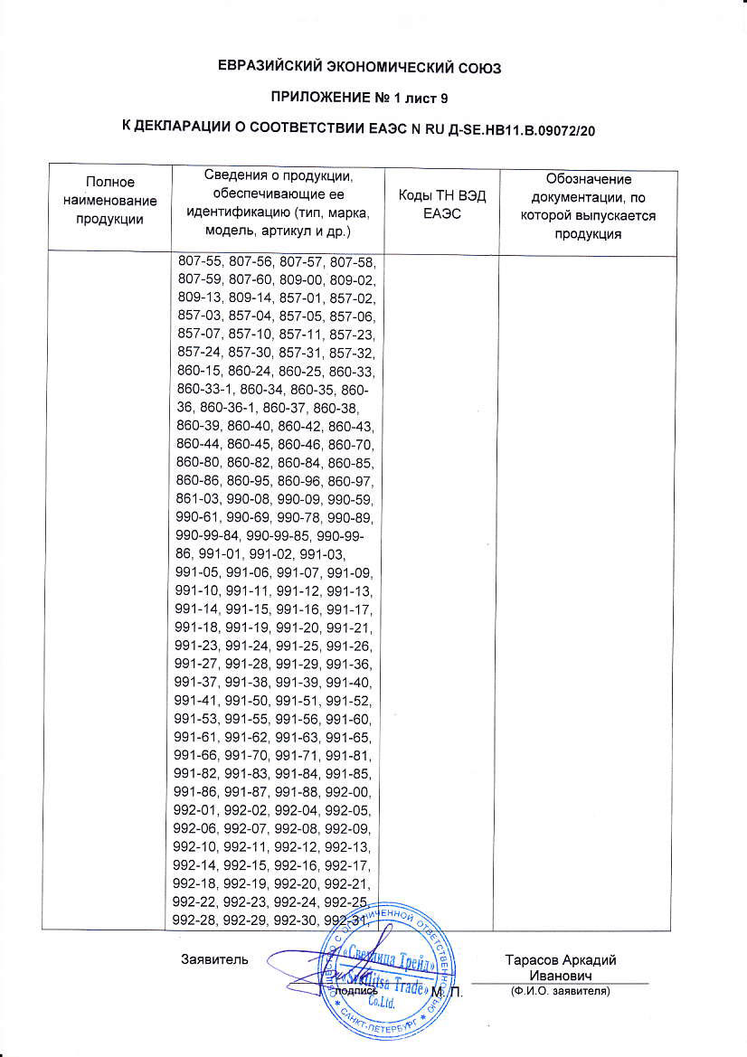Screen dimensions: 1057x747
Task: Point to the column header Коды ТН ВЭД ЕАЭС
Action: tap(442, 206)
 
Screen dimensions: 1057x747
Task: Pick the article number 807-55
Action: tap(201, 262)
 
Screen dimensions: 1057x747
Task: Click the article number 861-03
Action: tap(201, 499)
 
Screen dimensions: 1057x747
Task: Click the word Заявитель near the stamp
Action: tap(210, 959)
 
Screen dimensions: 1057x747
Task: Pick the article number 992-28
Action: tap(201, 920)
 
